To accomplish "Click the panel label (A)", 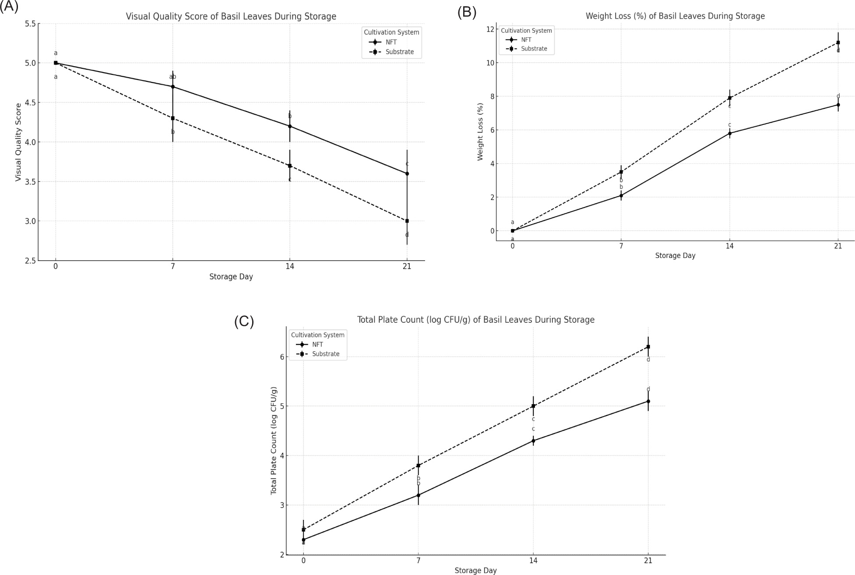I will pos(9,7).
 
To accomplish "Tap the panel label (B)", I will pos(467,12).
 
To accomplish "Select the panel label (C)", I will pos(244,321).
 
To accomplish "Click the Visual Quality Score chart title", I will pos(231,17).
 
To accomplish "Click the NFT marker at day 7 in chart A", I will pos(173,87).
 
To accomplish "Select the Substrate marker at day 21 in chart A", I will pos(407,221).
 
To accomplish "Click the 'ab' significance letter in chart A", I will pos(172,77).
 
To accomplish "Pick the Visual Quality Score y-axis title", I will pos(18,142).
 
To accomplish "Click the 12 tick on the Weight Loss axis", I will pos(490,29).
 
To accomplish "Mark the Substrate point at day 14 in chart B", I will pos(729,98).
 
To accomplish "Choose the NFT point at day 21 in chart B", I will pos(838,105).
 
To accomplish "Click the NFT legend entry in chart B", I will pos(526,40).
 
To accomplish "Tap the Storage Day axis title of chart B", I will pos(675,256).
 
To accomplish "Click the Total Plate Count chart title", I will pos(475,320).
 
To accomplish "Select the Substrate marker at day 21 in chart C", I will pos(648,347).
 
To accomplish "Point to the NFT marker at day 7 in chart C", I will pos(418,495).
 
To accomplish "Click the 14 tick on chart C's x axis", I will pos(533,561).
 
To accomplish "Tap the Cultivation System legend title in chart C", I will pos(317,335).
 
